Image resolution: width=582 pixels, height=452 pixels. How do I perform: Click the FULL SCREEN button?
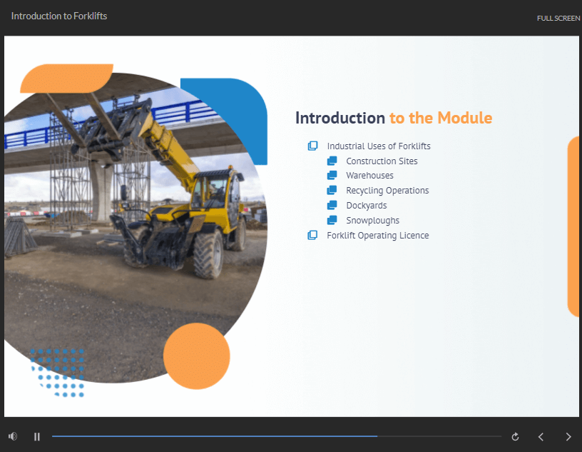point(558,18)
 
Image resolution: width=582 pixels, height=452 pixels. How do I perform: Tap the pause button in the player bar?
point(37,436)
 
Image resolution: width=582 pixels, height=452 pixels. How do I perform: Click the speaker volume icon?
point(13,436)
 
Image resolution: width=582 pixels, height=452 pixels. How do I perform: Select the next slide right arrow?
point(568,436)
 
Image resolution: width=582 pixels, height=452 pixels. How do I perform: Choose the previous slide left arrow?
point(541,436)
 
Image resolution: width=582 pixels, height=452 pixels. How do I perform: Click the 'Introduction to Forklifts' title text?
point(59,16)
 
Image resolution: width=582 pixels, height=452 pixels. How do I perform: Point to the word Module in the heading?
point(465,118)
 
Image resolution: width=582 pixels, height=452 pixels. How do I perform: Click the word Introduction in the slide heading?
point(340,118)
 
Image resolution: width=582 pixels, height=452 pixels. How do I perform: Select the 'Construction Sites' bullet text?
point(382,161)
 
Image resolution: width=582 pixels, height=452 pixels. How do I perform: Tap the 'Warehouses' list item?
point(369,176)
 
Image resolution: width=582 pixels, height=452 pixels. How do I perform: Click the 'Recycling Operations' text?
point(387,191)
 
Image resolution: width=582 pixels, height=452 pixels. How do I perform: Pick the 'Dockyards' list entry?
point(367,205)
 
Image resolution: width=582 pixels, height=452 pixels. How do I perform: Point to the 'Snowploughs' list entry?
point(372,221)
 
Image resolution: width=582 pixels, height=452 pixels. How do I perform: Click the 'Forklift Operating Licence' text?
point(377,236)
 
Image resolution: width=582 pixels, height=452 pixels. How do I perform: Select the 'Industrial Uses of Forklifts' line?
point(379,146)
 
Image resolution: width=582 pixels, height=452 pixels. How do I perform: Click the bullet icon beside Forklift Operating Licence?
point(312,235)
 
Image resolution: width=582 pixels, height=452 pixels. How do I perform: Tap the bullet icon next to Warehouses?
point(332,175)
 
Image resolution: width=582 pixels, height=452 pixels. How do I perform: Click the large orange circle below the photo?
point(197,356)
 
